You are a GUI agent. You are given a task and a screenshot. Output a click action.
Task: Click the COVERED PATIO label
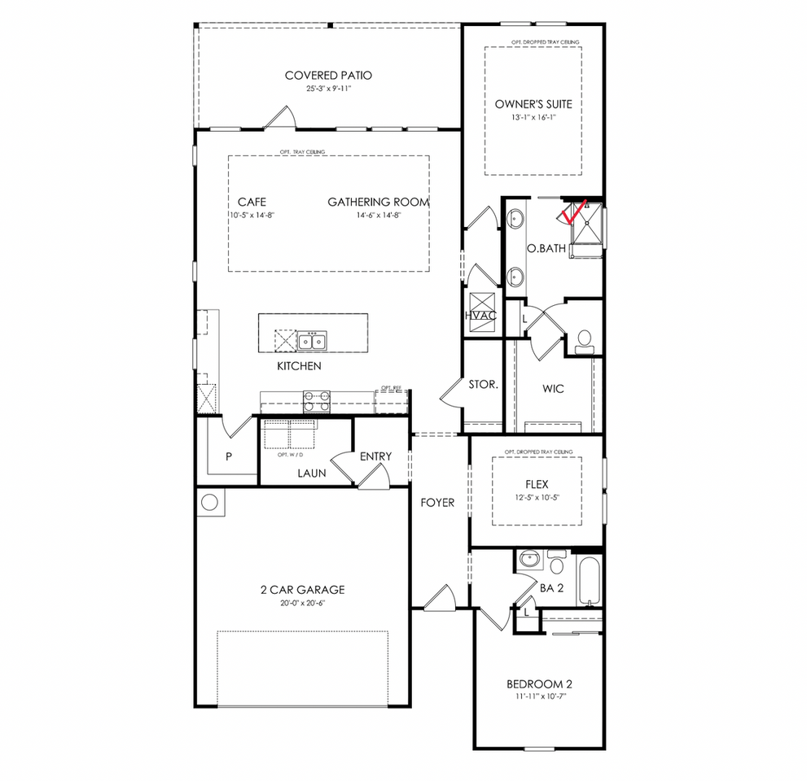(x=328, y=76)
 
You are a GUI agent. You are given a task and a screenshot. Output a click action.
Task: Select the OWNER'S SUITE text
(x=533, y=104)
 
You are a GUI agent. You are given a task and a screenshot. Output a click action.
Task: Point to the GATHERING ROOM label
(x=378, y=202)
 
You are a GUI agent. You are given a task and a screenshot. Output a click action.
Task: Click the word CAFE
(x=252, y=202)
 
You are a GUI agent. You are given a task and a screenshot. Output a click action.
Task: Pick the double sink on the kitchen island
(x=312, y=340)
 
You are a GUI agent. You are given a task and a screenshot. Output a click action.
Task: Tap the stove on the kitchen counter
(x=317, y=399)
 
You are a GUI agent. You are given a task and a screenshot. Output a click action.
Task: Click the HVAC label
(x=480, y=315)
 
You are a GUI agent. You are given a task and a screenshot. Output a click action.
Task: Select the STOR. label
(x=483, y=384)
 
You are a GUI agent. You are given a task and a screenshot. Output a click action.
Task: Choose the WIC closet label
(x=553, y=388)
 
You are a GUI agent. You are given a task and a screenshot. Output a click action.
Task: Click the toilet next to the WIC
(x=584, y=342)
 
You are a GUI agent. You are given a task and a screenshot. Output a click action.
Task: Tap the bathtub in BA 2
(x=588, y=579)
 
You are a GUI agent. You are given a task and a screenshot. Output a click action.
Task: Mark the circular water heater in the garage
(x=209, y=502)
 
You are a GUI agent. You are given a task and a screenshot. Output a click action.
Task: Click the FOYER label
(x=437, y=503)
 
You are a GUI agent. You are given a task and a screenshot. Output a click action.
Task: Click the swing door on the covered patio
(x=281, y=119)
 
